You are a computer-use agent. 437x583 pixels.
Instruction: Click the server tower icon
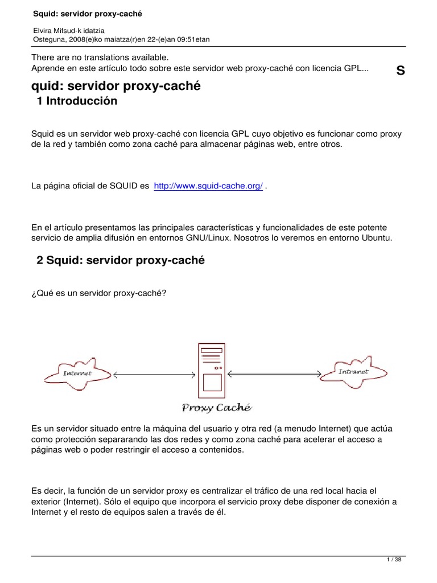click(211, 371)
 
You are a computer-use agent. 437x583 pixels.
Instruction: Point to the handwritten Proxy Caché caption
click(216, 407)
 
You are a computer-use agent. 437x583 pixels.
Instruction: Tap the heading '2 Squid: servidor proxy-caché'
click(120, 260)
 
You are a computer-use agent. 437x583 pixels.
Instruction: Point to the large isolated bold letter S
click(401, 71)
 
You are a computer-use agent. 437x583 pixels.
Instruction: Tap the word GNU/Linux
click(237, 237)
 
